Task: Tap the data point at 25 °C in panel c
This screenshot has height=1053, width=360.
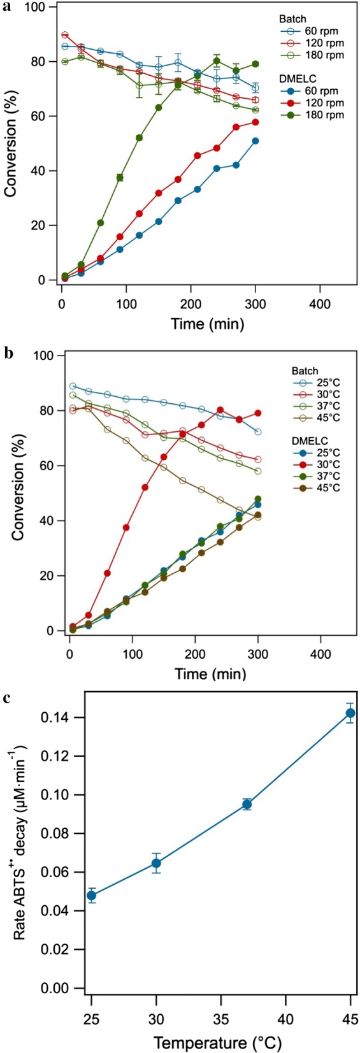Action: [x=91, y=895]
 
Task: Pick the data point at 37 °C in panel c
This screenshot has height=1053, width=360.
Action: [x=247, y=804]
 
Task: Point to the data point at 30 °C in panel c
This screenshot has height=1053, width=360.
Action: [x=156, y=863]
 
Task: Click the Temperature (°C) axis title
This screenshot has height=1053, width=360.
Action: [x=217, y=1043]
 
